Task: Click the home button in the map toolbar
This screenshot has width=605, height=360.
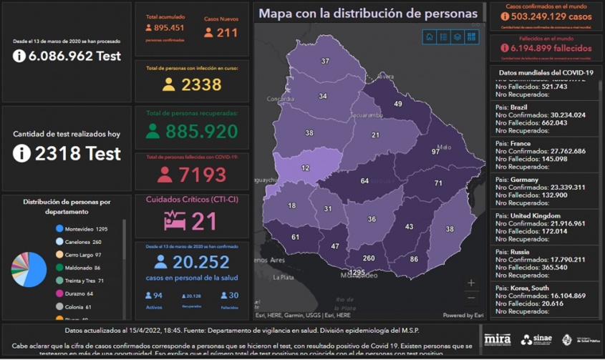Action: pyautogui.click(x=429, y=37)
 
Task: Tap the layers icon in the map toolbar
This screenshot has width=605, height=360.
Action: pyautogui.click(x=458, y=37)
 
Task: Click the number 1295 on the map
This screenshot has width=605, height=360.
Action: pyautogui.click(x=357, y=273)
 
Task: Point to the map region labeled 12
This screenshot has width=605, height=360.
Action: pyautogui.click(x=306, y=167)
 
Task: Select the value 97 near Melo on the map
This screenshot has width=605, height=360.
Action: pyautogui.click(x=435, y=152)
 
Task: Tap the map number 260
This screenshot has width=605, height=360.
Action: pyautogui.click(x=369, y=258)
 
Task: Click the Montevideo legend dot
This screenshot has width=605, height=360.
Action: pyautogui.click(x=59, y=229)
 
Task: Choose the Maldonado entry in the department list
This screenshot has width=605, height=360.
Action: pyautogui.click(x=79, y=268)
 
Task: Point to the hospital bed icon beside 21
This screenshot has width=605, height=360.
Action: pyautogui.click(x=175, y=220)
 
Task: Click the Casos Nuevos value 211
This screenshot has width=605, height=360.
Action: pyautogui.click(x=226, y=32)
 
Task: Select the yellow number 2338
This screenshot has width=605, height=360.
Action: pyautogui.click(x=201, y=85)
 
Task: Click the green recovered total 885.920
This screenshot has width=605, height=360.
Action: pyautogui.click(x=201, y=131)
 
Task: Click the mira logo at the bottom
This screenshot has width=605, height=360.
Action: pyautogui.click(x=497, y=339)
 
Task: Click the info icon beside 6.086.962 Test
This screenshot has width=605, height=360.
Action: pyautogui.click(x=19, y=56)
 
